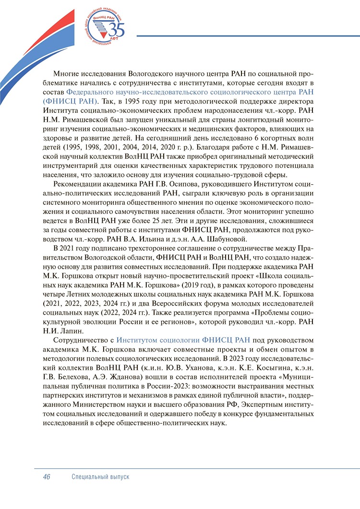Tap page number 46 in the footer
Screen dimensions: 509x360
pos(47,477)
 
